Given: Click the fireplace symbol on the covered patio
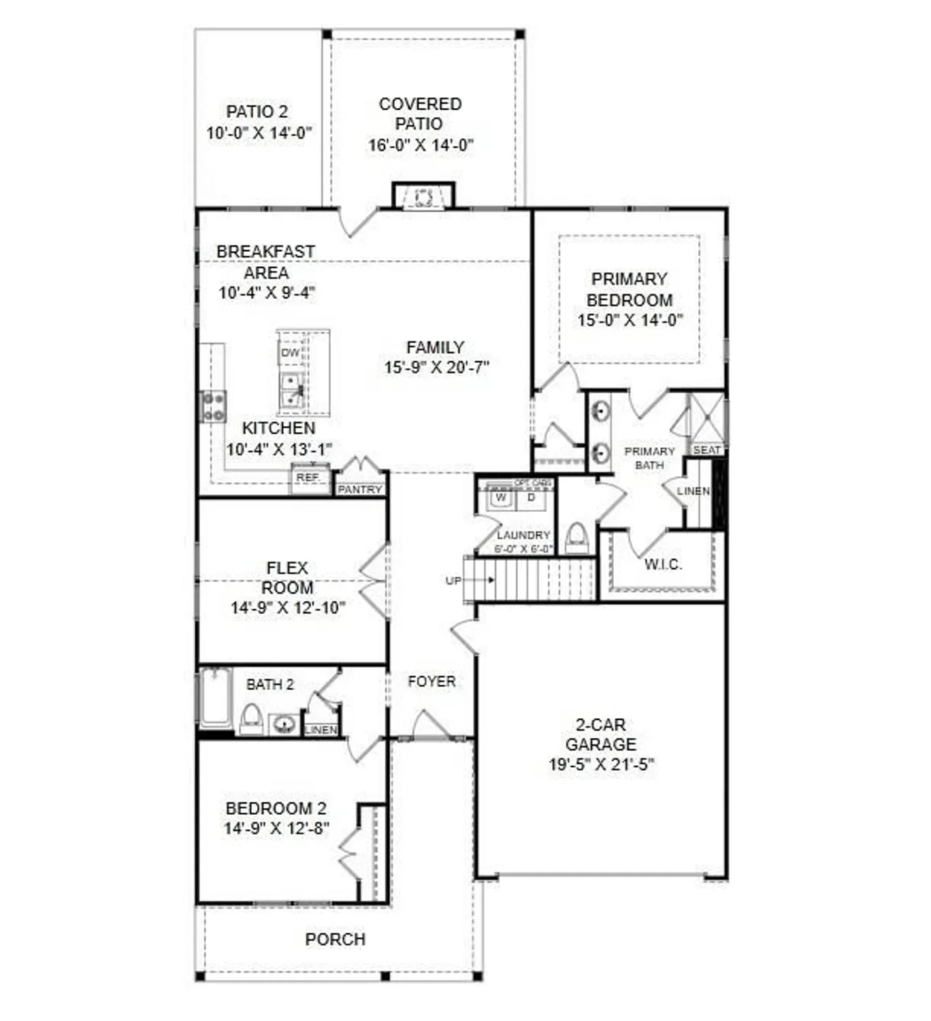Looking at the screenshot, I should (x=423, y=197).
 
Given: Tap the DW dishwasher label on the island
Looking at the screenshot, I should (x=291, y=353).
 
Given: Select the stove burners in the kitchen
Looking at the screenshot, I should (x=213, y=406).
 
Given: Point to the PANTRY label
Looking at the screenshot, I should (x=360, y=489).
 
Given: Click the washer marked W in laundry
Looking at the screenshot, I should (x=502, y=498).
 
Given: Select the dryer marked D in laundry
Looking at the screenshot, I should (x=532, y=498).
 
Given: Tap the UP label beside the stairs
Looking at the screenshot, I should (x=453, y=581).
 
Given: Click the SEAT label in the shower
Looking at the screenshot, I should (x=707, y=450).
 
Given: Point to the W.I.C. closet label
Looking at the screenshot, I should (x=663, y=564).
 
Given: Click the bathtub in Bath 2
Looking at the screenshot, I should (x=216, y=698).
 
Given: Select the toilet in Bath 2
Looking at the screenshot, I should (x=251, y=718).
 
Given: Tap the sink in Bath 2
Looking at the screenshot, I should (x=284, y=723).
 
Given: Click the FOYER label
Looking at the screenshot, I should (x=431, y=681).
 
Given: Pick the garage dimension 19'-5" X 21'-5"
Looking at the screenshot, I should (x=601, y=764).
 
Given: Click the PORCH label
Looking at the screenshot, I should (x=335, y=939).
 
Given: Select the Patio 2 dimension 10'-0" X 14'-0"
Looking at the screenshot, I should (x=259, y=133).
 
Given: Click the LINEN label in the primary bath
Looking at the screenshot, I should (x=693, y=491).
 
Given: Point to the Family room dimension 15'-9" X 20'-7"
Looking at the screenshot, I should (x=436, y=368).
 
